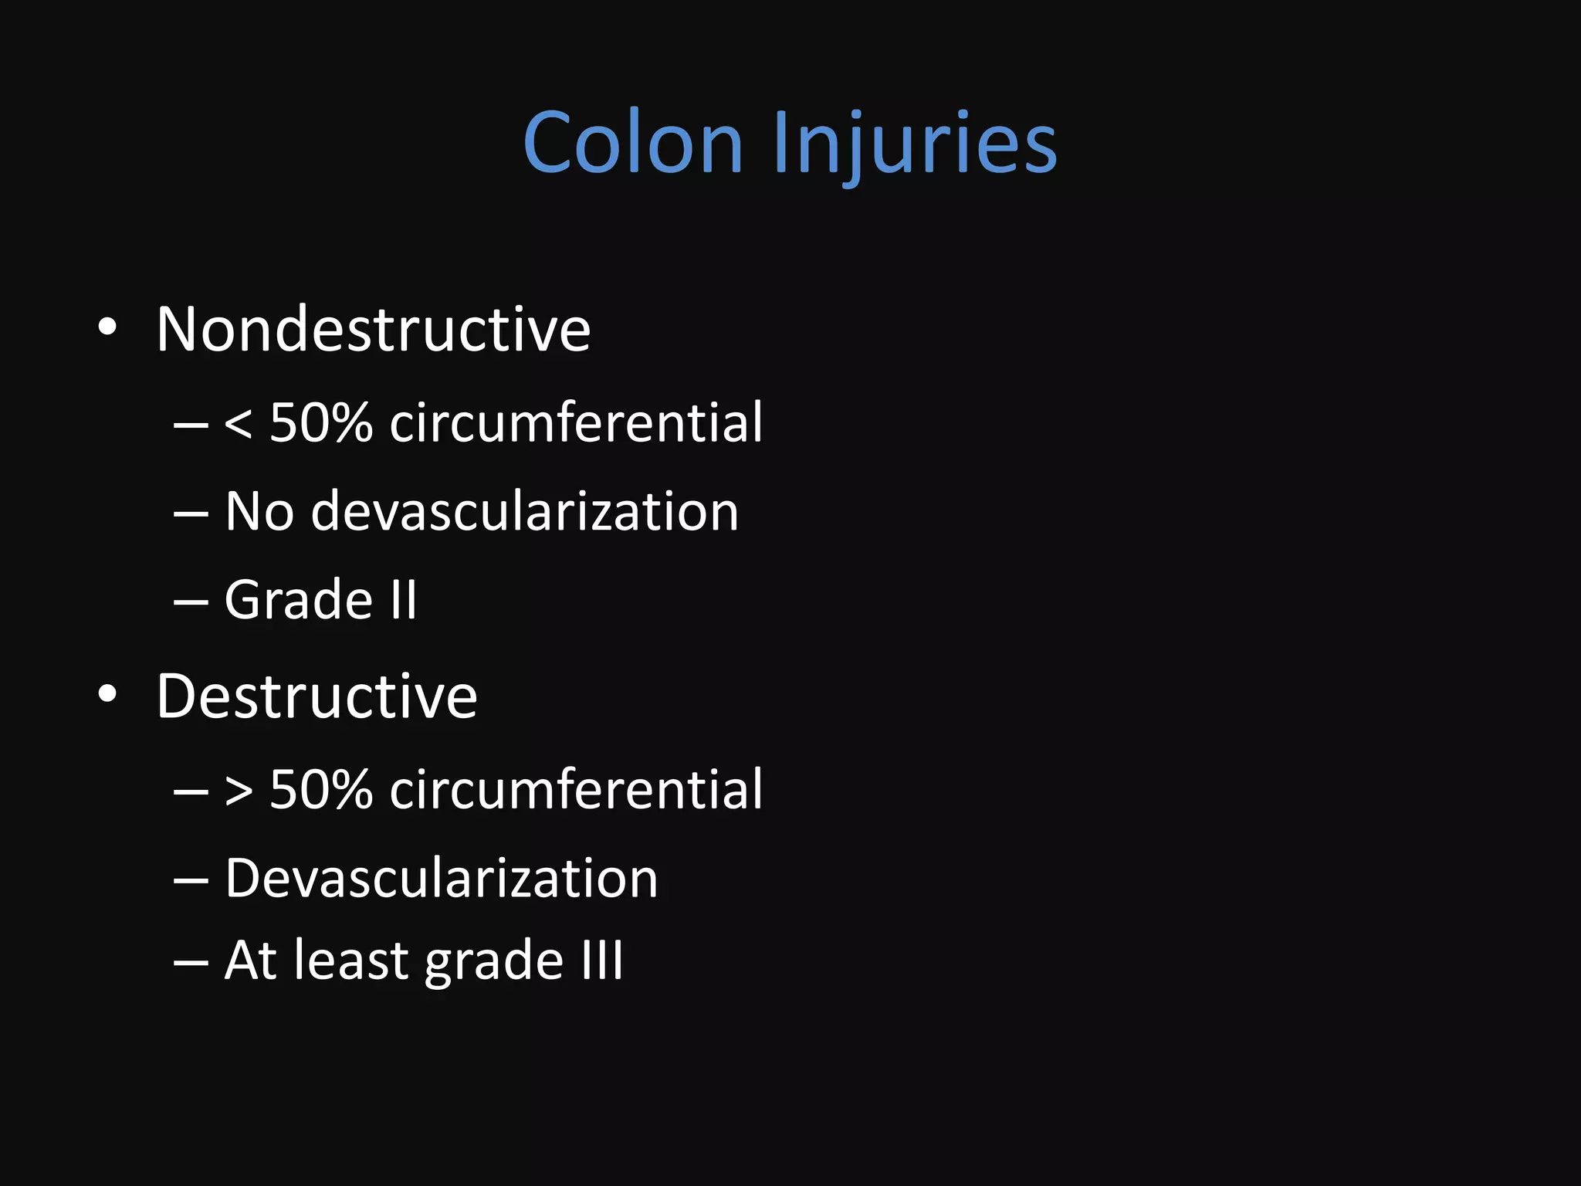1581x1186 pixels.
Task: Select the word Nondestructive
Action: click(x=374, y=330)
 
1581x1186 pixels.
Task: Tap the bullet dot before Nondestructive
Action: click(x=107, y=328)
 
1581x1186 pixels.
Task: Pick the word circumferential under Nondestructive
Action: click(x=576, y=423)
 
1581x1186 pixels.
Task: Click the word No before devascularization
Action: click(x=259, y=511)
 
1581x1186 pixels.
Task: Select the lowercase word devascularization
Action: click(x=525, y=511)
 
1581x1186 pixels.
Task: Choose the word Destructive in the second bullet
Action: click(x=317, y=696)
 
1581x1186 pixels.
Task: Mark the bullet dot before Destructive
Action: click(x=107, y=694)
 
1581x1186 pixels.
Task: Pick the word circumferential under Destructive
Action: click(x=576, y=790)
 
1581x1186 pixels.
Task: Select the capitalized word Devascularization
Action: click(x=442, y=879)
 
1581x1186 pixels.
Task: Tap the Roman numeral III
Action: click(x=602, y=961)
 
